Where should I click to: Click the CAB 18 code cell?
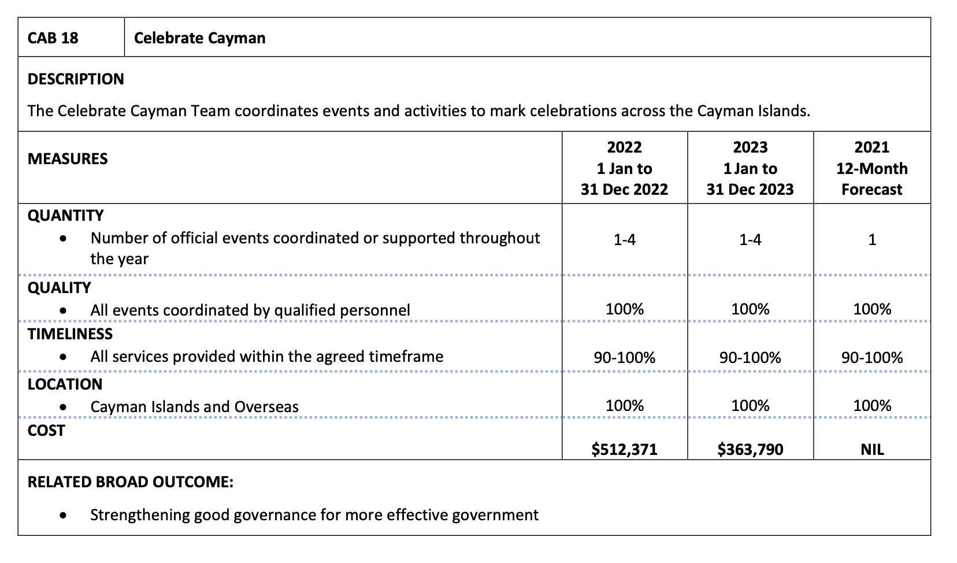tap(53, 38)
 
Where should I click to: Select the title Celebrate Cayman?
tap(199, 38)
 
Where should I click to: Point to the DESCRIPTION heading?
tap(76, 79)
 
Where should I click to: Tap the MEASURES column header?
tap(68, 159)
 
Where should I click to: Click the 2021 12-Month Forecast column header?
tap(871, 168)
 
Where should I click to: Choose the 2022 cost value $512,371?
tap(624, 449)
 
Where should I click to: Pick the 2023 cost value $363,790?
tap(750, 449)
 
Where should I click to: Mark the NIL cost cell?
tap(872, 450)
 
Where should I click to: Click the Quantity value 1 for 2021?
tap(872, 239)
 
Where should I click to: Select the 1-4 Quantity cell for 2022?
tap(624, 239)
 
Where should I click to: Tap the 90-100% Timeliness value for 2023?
tap(750, 358)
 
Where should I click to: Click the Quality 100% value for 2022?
tap(624, 309)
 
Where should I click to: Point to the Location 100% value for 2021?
tap(872, 406)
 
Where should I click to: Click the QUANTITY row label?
tap(65, 216)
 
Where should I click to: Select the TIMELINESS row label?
tap(70, 334)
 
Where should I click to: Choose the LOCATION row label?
tap(65, 384)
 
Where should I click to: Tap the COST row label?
tap(46, 431)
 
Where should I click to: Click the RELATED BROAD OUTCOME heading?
tap(131, 482)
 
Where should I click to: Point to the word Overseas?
tap(266, 407)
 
